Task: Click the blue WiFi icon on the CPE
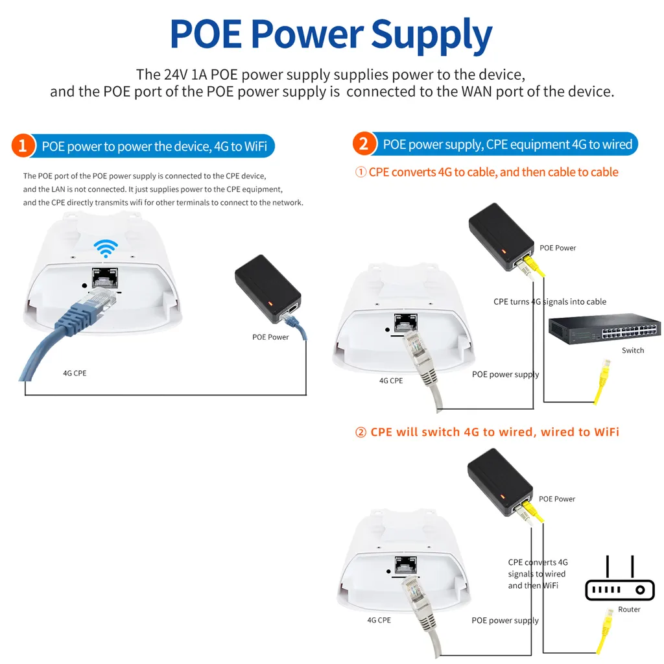pyautogui.click(x=106, y=248)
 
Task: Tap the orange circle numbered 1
pyautogui.click(x=23, y=146)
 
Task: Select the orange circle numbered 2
pyautogui.click(x=363, y=144)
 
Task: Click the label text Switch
pyautogui.click(x=633, y=351)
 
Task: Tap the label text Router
pyautogui.click(x=629, y=610)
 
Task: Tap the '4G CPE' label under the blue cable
pyautogui.click(x=75, y=373)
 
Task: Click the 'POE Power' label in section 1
pyautogui.click(x=270, y=337)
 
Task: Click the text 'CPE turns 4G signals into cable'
pyautogui.click(x=550, y=302)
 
